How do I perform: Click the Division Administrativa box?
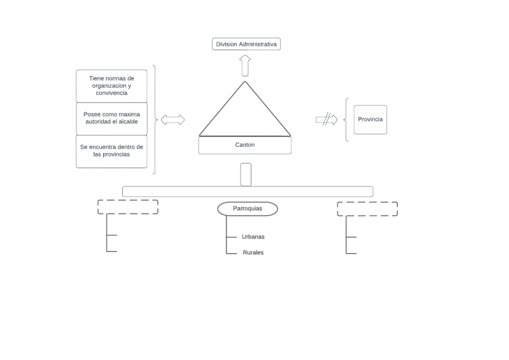click(x=246, y=44)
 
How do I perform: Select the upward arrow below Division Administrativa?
click(x=245, y=66)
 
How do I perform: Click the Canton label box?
click(x=245, y=145)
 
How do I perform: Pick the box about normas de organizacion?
click(x=111, y=86)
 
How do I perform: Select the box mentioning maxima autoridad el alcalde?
click(x=111, y=118)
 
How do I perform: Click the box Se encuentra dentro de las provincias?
click(x=111, y=151)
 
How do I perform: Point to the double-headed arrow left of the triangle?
click(x=172, y=120)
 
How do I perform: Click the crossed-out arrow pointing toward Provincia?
click(x=326, y=119)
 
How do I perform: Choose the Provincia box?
click(x=370, y=120)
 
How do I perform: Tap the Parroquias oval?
click(x=248, y=209)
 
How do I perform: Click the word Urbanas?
click(x=253, y=237)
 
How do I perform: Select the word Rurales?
click(x=253, y=253)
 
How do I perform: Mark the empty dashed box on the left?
click(x=127, y=207)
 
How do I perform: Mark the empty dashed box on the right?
click(x=367, y=209)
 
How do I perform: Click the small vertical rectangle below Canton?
click(x=246, y=174)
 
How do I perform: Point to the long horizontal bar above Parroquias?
click(x=248, y=191)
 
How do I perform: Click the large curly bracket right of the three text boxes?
click(x=155, y=119)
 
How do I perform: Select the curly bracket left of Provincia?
click(x=346, y=120)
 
